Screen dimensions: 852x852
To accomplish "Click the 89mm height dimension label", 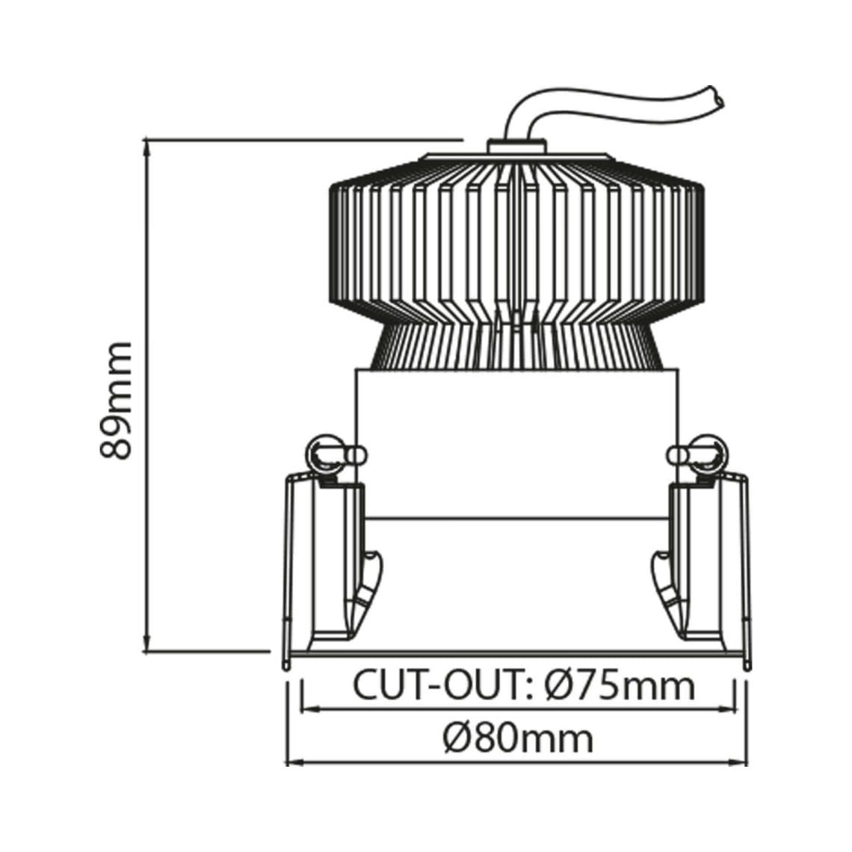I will [116, 400].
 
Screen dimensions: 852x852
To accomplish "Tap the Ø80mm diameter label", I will [517, 738].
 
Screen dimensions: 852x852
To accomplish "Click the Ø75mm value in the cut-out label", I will [619, 685].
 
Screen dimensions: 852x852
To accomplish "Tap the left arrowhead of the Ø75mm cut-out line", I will [306, 707].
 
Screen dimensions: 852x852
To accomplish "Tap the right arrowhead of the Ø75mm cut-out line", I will [729, 707].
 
